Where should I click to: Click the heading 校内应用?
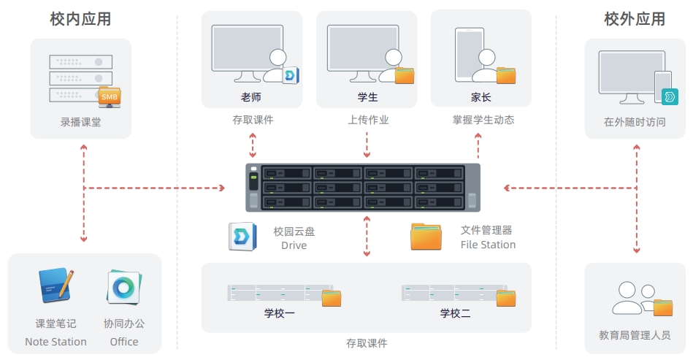pyautogui.click(x=80, y=19)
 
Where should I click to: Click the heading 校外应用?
pyautogui.click(x=635, y=19)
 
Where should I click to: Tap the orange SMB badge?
pyautogui.click(x=109, y=96)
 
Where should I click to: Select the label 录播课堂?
pyautogui.click(x=81, y=122)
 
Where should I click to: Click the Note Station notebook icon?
pyautogui.click(x=55, y=286)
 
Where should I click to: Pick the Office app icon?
pyautogui.click(x=123, y=287)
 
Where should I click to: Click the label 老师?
pyautogui.click(x=251, y=97)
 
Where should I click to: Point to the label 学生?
pyautogui.click(x=368, y=97)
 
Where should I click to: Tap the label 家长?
pyautogui.click(x=480, y=97)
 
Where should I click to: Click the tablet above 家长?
pyautogui.click(x=470, y=55)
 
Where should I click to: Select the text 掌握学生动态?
pyautogui.click(x=483, y=120)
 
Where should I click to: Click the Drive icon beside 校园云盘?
pyautogui.click(x=242, y=237)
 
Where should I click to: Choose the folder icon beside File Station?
pyautogui.click(x=426, y=237)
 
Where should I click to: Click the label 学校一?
pyautogui.click(x=280, y=313)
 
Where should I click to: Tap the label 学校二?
pyautogui.click(x=455, y=313)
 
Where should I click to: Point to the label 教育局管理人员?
pyautogui.click(x=635, y=335)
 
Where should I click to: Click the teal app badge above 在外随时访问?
pyautogui.click(x=670, y=96)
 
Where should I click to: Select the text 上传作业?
pyautogui.click(x=368, y=120)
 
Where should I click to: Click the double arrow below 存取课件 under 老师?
pyautogui.click(x=253, y=145)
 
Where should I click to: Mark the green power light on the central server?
pyautogui.click(x=253, y=177)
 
